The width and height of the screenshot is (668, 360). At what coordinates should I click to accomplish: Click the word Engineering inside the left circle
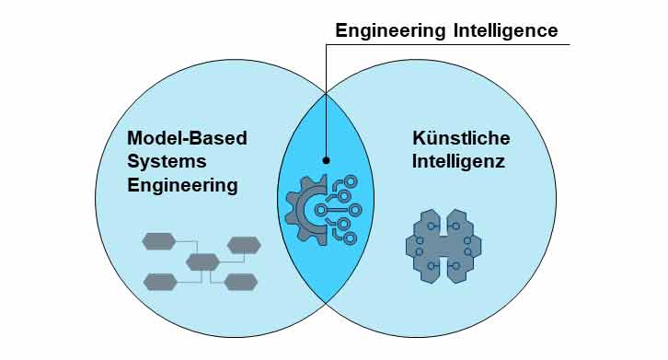point(182,185)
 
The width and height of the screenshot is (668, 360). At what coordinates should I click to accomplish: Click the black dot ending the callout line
point(326,159)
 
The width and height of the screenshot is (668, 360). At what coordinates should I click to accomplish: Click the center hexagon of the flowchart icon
point(202,262)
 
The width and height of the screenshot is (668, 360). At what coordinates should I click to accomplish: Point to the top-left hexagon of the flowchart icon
point(158,242)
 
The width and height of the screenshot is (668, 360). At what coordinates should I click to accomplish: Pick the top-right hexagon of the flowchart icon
point(244,245)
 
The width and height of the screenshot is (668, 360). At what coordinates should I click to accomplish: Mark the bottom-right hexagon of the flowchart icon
point(241,282)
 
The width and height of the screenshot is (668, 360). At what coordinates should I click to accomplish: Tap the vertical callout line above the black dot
point(326,101)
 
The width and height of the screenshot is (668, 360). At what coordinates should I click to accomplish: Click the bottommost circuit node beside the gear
point(347,237)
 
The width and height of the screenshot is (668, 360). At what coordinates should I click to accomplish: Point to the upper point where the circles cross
point(326,93)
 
